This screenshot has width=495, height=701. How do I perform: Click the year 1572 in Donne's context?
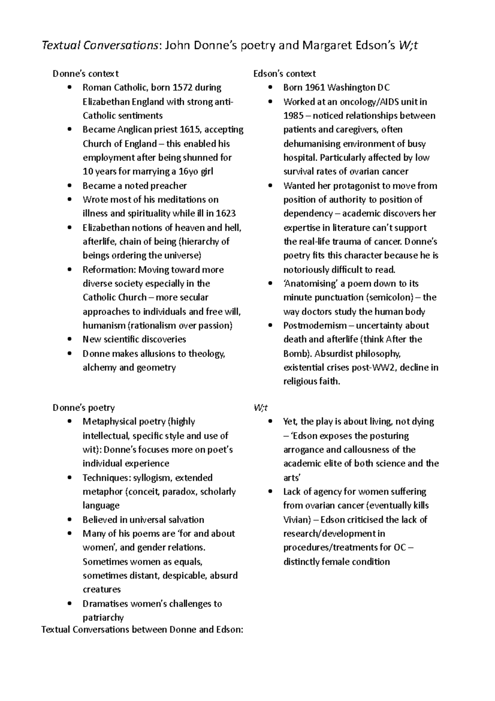pyautogui.click(x=182, y=88)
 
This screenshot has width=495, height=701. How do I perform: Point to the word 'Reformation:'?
pyautogui.click(x=109, y=270)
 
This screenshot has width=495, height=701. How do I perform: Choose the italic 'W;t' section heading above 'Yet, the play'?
pyautogui.click(x=261, y=407)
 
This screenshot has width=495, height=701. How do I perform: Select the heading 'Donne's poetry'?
pyautogui.click(x=84, y=407)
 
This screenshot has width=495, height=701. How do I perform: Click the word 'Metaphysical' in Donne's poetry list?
pyautogui.click(x=108, y=422)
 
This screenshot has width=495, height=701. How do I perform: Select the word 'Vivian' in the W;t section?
pyautogui.click(x=295, y=519)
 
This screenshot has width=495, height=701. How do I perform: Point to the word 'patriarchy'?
pyautogui.click(x=103, y=618)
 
